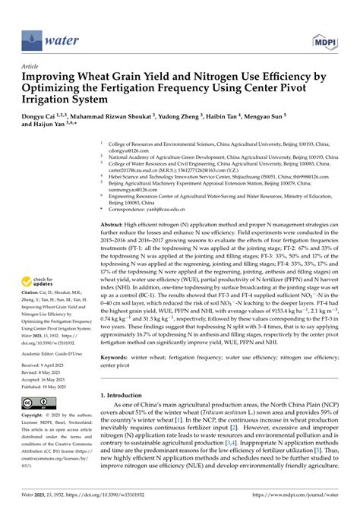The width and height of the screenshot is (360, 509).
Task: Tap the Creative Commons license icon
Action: tap(36, 403)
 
